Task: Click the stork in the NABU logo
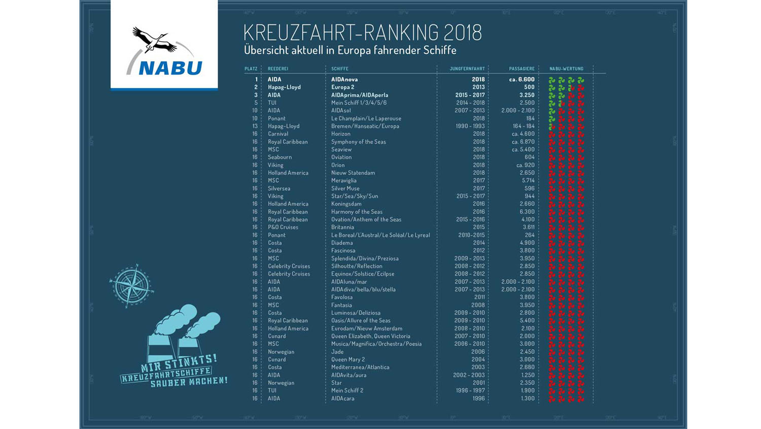155,41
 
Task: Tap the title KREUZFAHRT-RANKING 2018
362,33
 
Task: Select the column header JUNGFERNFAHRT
467,69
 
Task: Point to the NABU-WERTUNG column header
566,69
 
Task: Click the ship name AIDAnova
344,79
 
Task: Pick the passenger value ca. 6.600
522,79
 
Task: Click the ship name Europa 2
342,87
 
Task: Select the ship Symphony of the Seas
358,142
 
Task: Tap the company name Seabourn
280,157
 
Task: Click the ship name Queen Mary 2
348,359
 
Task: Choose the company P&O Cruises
283,227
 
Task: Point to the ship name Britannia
342,227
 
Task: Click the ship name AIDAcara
342,399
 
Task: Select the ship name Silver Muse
345,188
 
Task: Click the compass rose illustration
131,286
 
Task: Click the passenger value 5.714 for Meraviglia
528,180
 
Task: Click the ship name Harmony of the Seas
357,212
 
